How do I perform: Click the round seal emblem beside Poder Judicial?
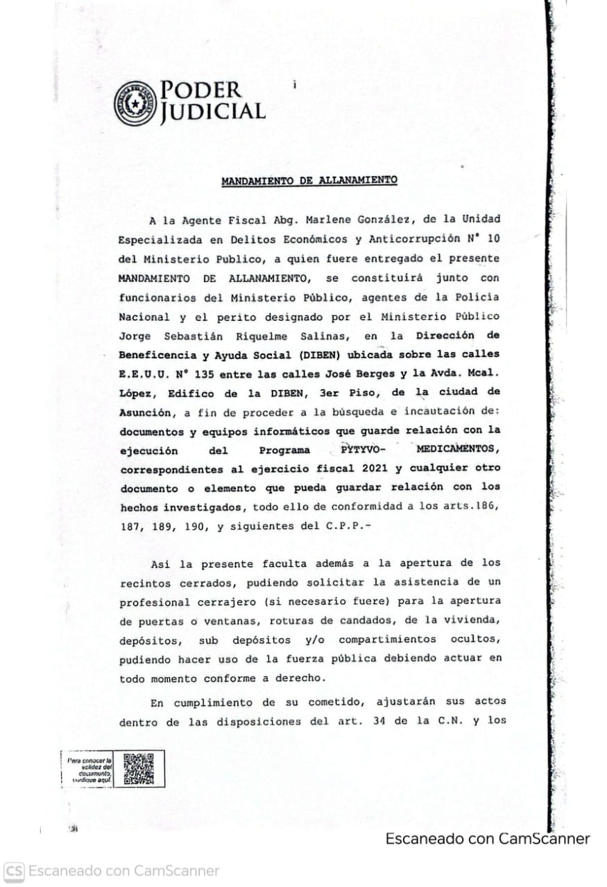coord(136,103)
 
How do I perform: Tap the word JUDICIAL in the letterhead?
coord(213,112)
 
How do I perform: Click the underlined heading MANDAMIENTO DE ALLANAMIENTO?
coord(309,182)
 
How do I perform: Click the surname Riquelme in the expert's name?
coord(264,336)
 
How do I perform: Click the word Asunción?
coord(145,413)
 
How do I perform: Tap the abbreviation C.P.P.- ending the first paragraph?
coord(348,526)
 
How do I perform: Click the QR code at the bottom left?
coord(138,769)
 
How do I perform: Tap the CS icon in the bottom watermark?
coord(14,871)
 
